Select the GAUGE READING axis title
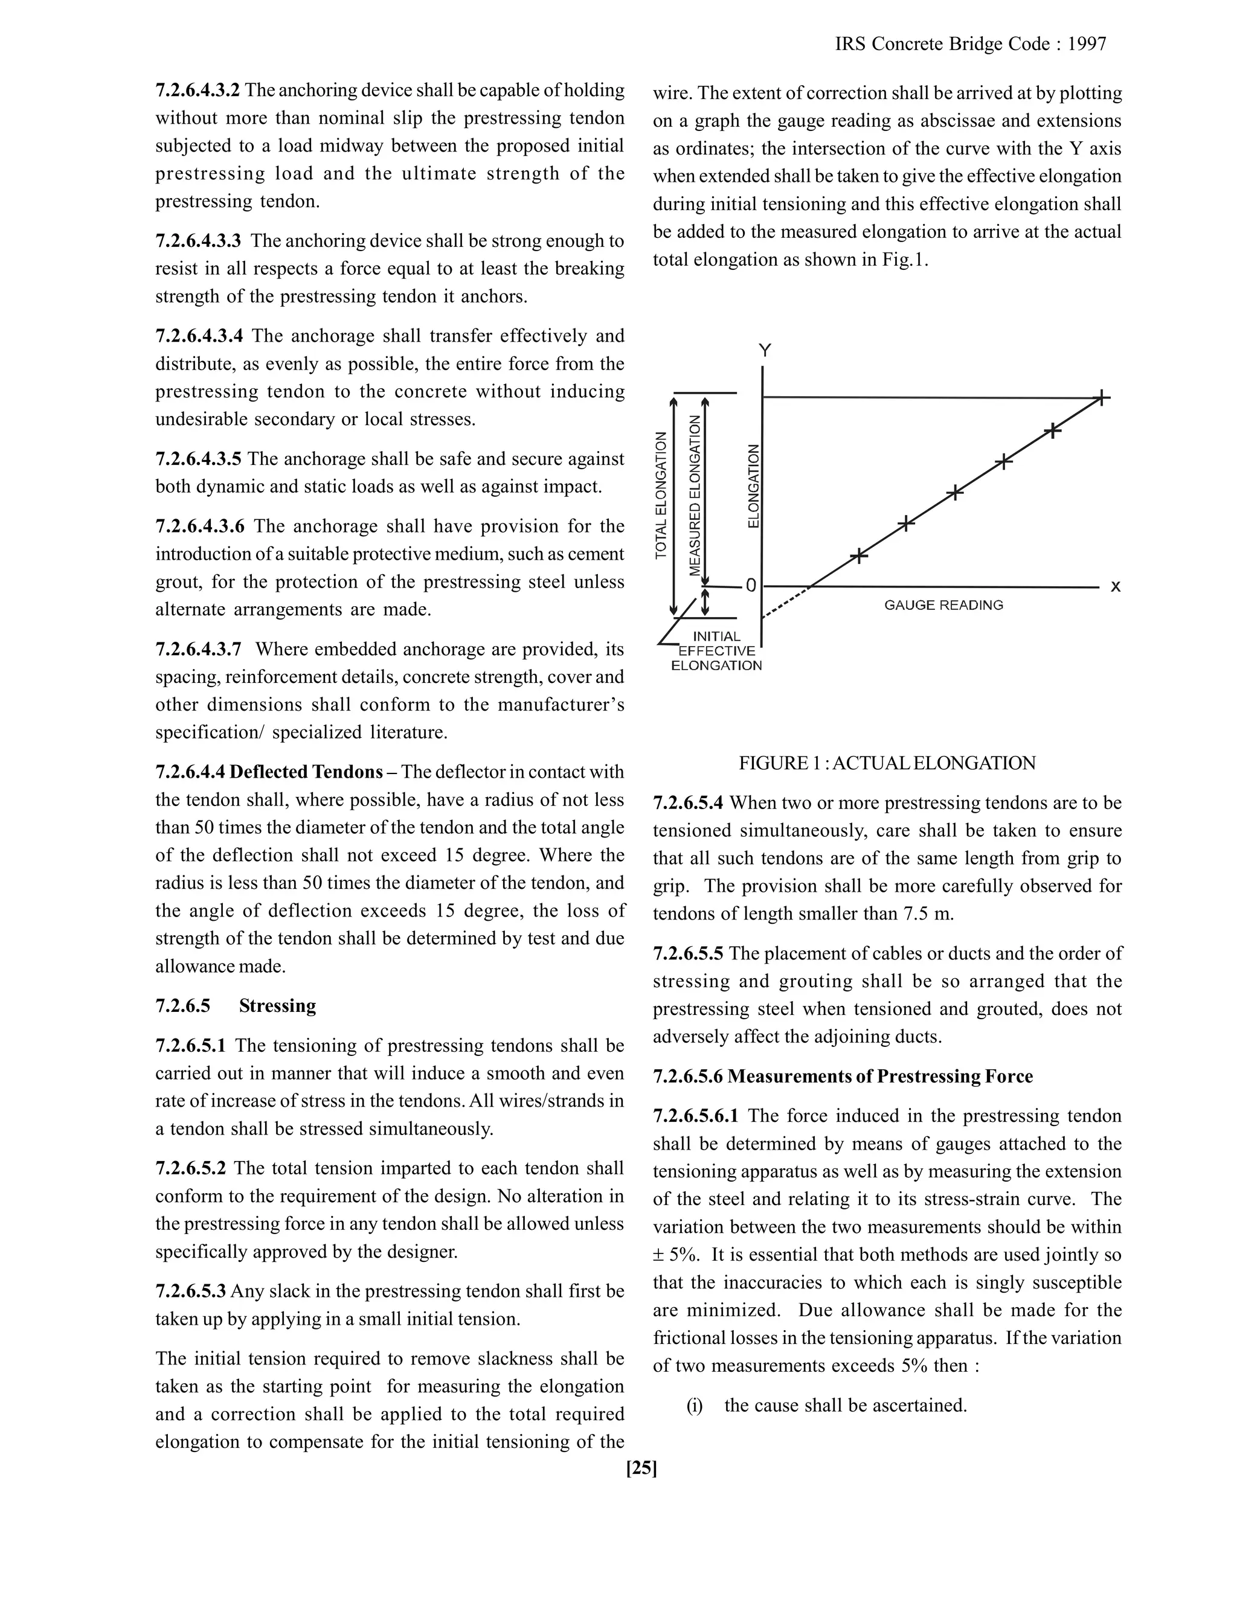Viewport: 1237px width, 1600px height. (943, 605)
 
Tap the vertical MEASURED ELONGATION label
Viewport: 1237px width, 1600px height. (695, 496)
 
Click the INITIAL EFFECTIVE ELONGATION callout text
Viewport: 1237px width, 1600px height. (717, 650)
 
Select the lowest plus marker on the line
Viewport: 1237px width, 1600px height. (859, 555)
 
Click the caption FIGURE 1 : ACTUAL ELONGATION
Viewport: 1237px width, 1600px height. (887, 763)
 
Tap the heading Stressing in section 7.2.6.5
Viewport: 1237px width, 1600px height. (277, 1006)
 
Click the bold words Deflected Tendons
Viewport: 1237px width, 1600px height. (306, 772)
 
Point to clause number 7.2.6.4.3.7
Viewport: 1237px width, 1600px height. (198, 649)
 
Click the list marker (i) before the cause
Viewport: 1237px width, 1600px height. (694, 1405)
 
